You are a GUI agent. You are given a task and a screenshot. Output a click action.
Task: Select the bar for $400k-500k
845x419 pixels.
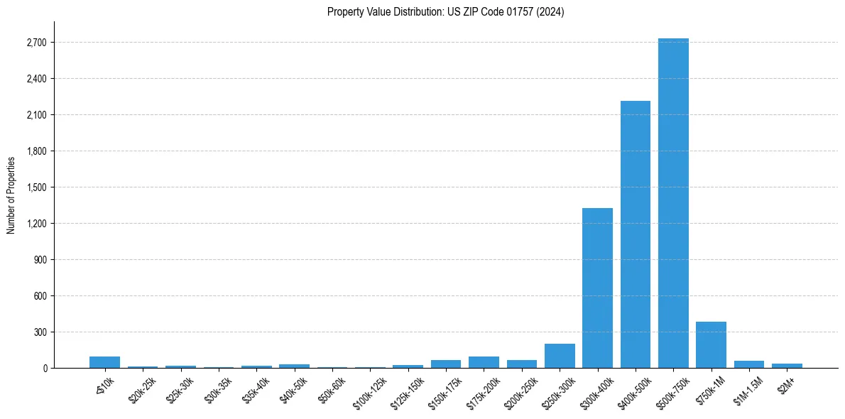point(635,234)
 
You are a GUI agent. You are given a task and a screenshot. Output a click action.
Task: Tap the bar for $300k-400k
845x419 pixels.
point(597,288)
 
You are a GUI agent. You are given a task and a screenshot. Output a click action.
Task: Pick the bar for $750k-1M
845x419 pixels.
point(711,345)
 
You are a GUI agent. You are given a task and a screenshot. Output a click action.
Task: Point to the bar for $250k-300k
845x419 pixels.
point(560,356)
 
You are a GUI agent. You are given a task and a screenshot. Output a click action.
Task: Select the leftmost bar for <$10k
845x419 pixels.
point(104,362)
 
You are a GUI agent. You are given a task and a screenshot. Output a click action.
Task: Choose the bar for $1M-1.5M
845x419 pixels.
point(749,364)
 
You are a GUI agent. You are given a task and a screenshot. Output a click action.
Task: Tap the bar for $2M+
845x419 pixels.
point(787,366)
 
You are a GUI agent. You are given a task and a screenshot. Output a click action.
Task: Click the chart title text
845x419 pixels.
point(445,12)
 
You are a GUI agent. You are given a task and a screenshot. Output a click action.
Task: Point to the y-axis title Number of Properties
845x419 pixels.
point(11,195)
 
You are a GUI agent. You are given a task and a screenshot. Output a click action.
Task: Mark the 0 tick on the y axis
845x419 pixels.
point(45,369)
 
